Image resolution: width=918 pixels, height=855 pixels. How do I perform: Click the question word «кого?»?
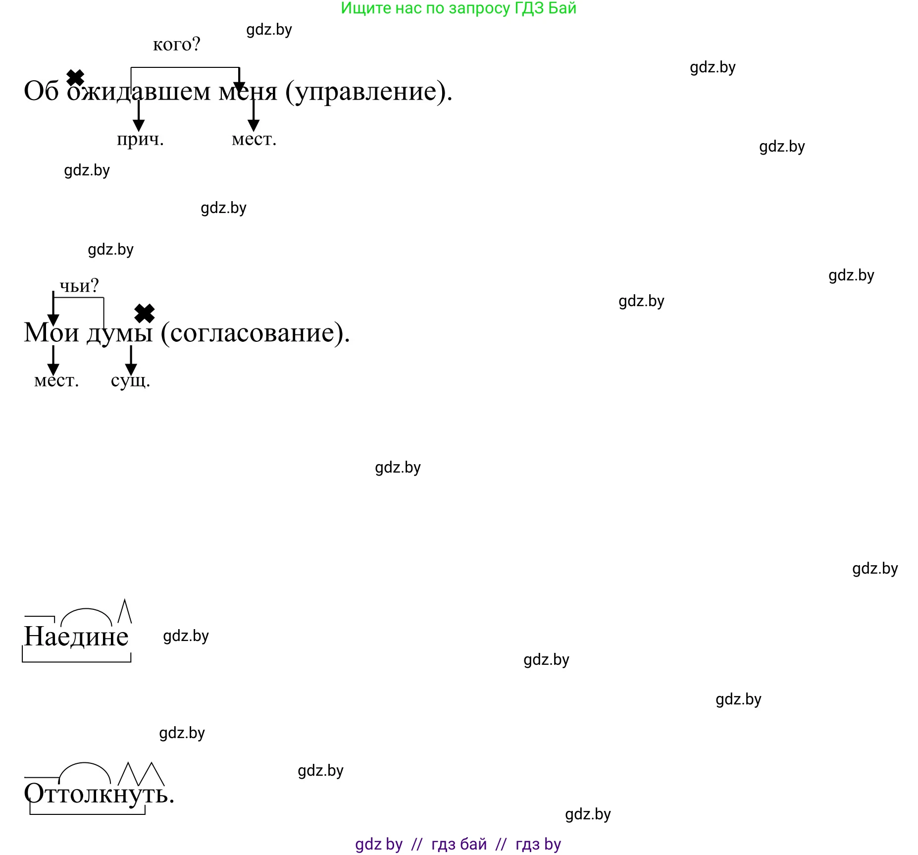tap(176, 45)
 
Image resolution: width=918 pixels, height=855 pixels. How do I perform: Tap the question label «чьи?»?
tap(79, 286)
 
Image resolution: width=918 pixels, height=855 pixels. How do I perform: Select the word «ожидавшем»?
tap(139, 91)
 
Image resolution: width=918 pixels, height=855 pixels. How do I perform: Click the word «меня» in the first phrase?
tap(248, 91)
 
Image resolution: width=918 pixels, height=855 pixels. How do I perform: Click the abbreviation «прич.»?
tap(140, 139)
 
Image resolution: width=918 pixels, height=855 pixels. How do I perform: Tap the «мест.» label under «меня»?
tap(254, 139)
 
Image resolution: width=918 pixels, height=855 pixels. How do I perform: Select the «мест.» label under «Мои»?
tap(56, 380)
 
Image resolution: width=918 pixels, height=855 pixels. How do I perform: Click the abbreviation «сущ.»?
tap(130, 380)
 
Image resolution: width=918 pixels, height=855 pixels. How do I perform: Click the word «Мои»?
tap(51, 332)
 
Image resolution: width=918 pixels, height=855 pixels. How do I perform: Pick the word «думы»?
tap(120, 333)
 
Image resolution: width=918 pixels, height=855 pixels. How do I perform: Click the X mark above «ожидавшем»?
tap(75, 77)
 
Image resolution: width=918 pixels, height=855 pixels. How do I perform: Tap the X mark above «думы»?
tap(145, 314)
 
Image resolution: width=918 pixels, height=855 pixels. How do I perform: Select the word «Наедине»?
tap(76, 637)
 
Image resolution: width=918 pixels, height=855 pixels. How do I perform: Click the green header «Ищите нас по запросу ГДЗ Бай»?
tap(459, 8)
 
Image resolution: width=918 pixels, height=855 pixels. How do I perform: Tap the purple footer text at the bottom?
tap(458, 844)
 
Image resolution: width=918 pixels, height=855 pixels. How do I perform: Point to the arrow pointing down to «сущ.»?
tap(131, 361)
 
